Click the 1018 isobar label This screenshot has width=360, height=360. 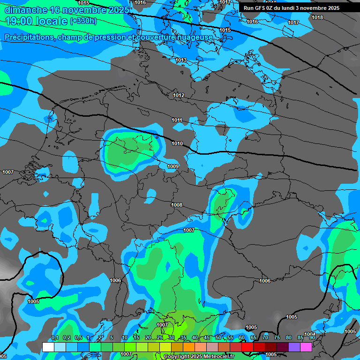click(317, 17)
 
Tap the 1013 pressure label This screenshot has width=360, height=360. click(181, 60)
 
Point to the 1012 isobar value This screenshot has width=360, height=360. click(179, 96)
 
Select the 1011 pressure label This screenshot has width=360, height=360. click(177, 120)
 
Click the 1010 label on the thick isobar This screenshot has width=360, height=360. click(177, 143)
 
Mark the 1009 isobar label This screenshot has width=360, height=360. click(173, 166)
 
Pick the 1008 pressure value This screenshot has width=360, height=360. click(177, 205)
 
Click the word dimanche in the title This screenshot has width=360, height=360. click(26, 10)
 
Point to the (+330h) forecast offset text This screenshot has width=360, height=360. click(83, 21)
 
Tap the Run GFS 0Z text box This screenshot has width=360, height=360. click(292, 8)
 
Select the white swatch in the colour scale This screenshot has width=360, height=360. click(48, 347)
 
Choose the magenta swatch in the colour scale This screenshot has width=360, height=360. click(306, 347)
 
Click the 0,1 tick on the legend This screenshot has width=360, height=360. click(55, 338)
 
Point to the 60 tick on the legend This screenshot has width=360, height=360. click(242, 338)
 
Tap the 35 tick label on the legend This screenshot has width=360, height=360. click(183, 338)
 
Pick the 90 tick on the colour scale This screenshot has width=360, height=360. click(312, 338)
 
